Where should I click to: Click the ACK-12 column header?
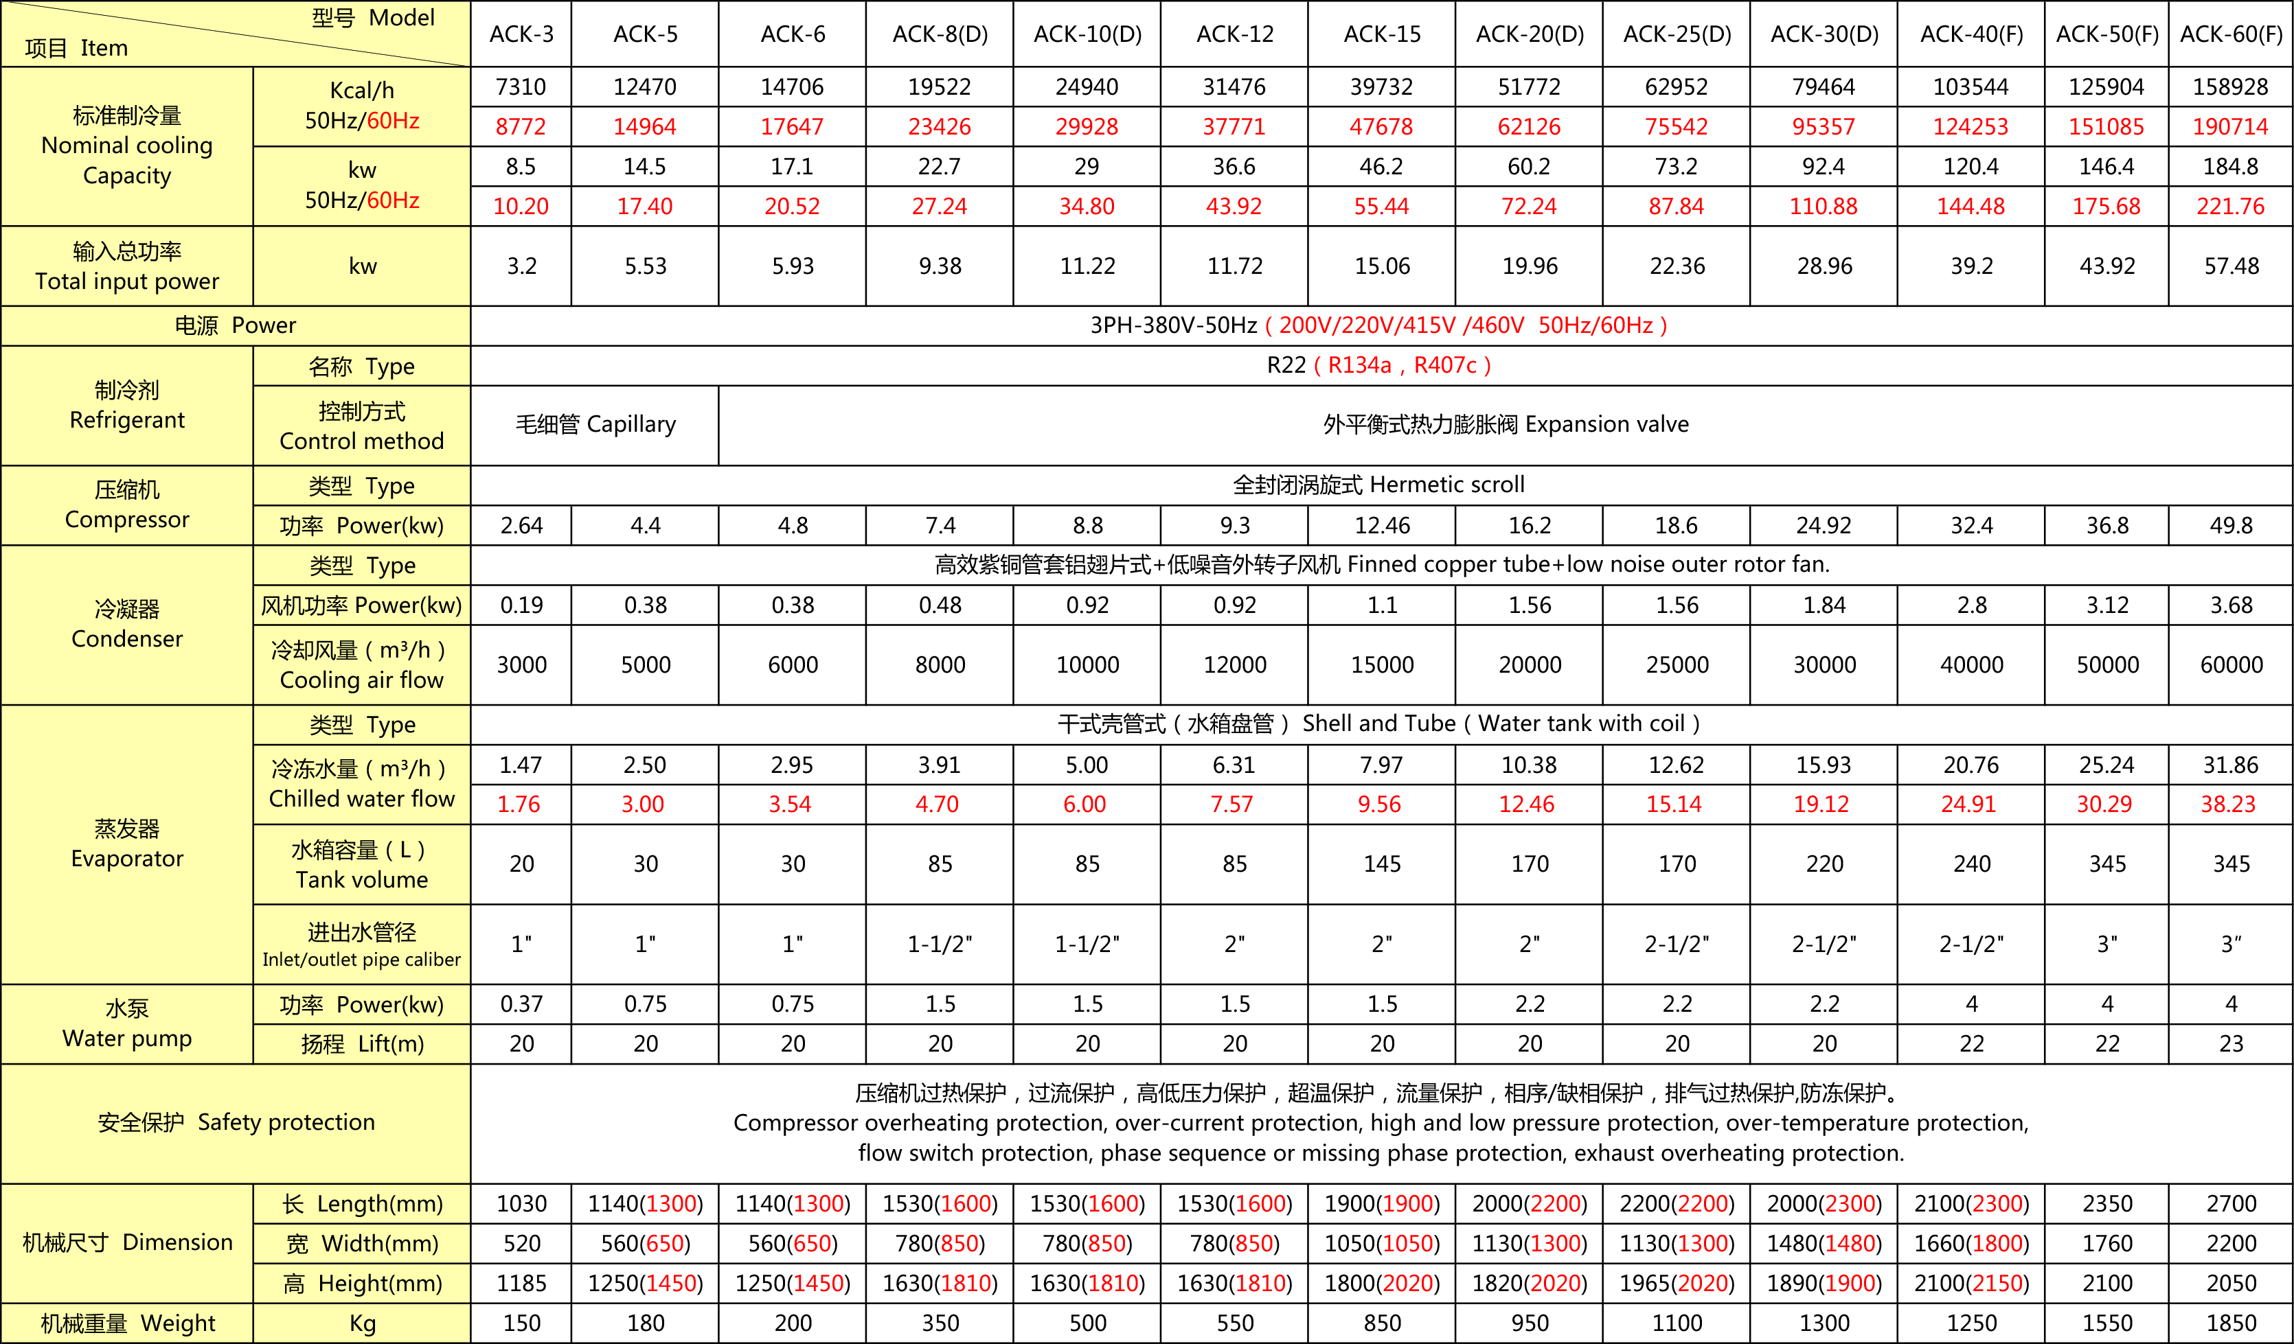tap(1234, 34)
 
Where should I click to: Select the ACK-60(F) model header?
tap(2230, 34)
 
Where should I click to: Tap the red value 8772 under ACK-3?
tap(521, 126)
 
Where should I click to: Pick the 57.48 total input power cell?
tap(2230, 266)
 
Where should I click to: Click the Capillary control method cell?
tap(595, 425)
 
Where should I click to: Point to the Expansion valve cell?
tap(1506, 425)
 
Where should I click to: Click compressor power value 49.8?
tap(2230, 525)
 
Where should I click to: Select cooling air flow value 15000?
tap(1382, 665)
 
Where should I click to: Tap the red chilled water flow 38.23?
tap(2229, 804)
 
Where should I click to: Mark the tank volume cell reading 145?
tap(1382, 864)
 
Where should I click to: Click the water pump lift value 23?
tap(2230, 1044)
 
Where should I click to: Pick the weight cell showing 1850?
tap(2230, 1323)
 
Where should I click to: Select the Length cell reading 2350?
tap(2106, 1204)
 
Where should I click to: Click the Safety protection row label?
tap(236, 1123)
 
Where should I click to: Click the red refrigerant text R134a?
tap(1359, 366)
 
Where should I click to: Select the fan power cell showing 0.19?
tap(521, 605)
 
